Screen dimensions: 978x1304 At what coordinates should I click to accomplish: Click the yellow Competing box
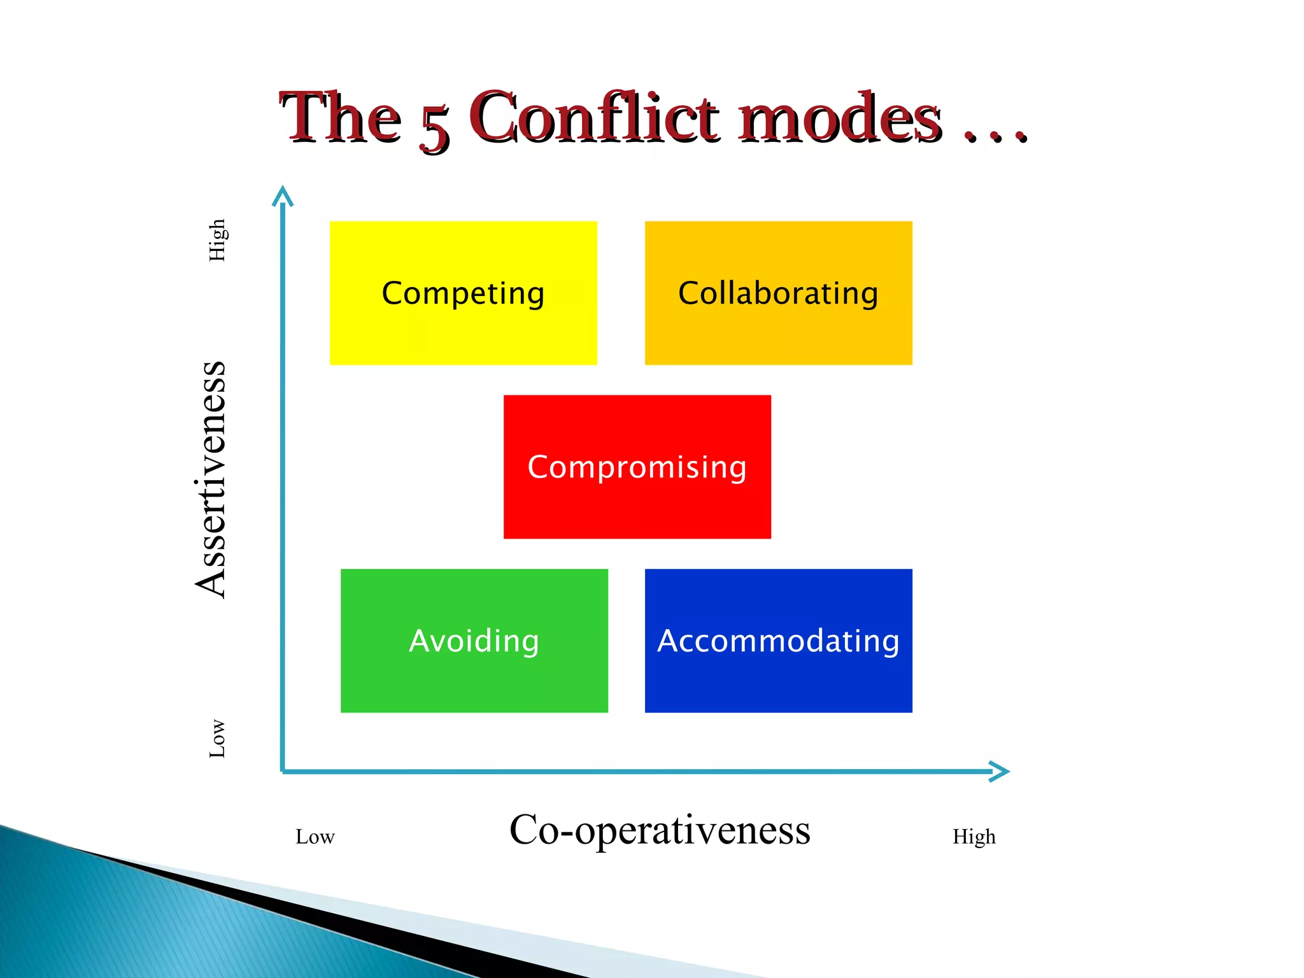coord(463,293)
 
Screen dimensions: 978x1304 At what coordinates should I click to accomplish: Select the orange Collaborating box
coord(778,293)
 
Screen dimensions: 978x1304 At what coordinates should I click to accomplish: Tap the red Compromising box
coord(637,467)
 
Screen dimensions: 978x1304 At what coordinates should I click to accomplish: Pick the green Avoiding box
coord(474,641)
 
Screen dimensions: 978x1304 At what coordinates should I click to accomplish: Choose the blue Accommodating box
coord(778,641)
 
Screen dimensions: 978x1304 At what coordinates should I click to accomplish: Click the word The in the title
coord(341,118)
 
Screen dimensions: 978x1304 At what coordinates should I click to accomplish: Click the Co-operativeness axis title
coord(660,830)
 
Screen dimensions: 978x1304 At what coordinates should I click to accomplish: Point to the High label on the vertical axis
coord(217,240)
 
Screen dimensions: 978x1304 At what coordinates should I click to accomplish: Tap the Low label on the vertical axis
coord(217,739)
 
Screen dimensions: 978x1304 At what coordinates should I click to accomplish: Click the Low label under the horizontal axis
coord(315,837)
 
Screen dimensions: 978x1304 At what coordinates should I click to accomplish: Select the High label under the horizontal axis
coord(974,837)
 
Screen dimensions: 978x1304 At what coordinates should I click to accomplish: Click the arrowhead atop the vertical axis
coord(283,195)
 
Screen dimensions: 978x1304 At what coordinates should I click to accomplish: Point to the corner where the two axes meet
coord(283,771)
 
